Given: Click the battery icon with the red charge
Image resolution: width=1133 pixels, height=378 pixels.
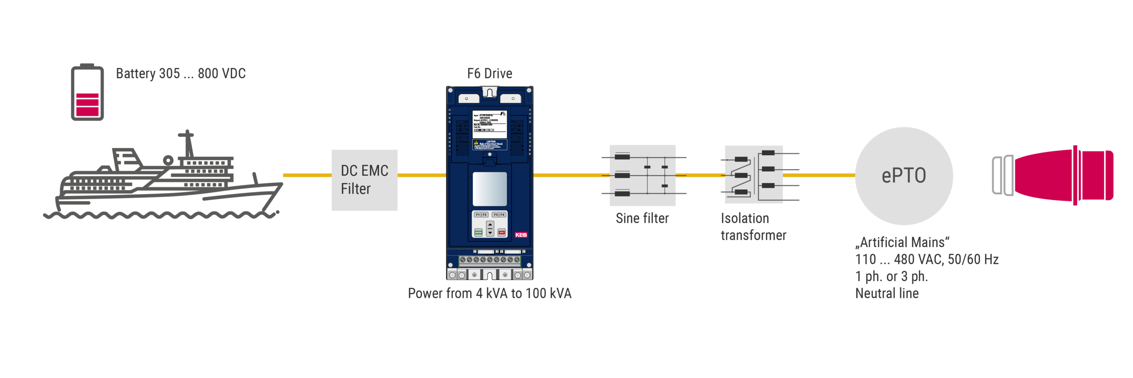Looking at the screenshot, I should point(88,92).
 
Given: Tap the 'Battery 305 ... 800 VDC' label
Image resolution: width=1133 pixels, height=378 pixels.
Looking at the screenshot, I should point(180,74).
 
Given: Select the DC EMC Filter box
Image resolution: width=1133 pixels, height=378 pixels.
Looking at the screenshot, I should point(365,180).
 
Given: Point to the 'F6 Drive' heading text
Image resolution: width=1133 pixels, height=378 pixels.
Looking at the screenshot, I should point(490,74).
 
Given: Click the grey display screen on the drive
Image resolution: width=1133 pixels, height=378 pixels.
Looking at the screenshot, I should point(490,189).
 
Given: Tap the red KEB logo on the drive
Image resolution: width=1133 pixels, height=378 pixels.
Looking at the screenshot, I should point(521,235).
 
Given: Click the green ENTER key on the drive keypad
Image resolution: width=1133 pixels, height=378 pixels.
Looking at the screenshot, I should point(478,232).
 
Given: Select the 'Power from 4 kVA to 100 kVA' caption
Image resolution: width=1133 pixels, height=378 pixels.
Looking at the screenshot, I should point(490,293).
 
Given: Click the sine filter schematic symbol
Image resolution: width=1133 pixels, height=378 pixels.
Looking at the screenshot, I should point(643,175).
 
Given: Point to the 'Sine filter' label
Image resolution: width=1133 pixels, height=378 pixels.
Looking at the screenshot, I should point(642,218).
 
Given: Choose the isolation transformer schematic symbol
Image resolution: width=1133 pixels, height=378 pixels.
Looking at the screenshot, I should point(754,174).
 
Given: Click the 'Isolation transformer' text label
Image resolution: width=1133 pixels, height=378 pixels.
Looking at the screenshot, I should point(753,227).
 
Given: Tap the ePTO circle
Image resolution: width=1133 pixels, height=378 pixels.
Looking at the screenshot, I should point(904,176).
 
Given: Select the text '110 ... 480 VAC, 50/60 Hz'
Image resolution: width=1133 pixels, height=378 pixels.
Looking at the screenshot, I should point(927,259).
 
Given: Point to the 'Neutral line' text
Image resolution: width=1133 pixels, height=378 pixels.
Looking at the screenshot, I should point(887,293).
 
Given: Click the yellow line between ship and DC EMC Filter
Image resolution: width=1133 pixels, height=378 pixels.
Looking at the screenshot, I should point(307,175).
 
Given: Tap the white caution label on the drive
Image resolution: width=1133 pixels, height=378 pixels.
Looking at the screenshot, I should point(490,144).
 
